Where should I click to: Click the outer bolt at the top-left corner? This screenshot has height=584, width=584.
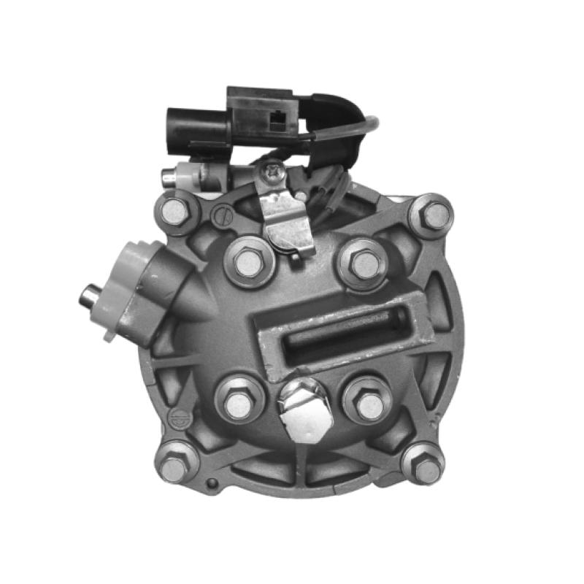point(176,212)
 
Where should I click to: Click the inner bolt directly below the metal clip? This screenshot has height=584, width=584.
point(248,264)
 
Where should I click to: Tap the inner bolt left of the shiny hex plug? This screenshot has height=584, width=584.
point(238,404)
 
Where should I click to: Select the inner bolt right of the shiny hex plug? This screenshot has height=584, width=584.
point(370,404)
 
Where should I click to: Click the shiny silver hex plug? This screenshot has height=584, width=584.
point(306,412)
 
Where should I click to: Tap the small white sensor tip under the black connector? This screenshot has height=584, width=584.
point(170,177)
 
